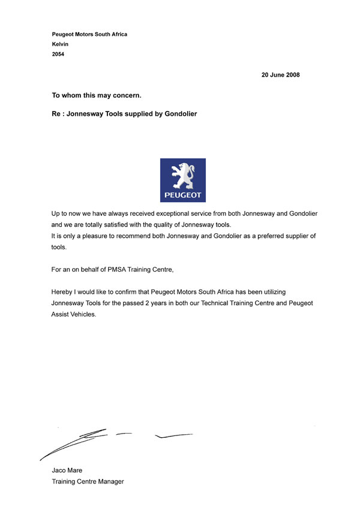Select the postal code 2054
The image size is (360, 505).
pyautogui.click(x=58, y=55)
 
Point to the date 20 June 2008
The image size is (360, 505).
pyautogui.click(x=280, y=75)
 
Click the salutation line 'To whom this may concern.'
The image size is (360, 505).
pyautogui.click(x=97, y=95)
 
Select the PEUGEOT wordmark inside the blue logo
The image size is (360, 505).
pyautogui.click(x=183, y=196)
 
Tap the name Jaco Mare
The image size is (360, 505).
pyautogui.click(x=67, y=470)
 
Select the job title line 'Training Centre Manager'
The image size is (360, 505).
pyautogui.click(x=88, y=481)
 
